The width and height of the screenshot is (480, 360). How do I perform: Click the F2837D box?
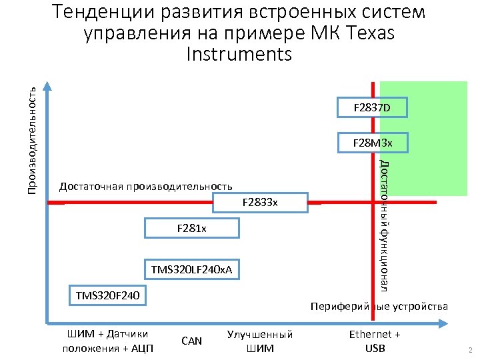tap(372, 107)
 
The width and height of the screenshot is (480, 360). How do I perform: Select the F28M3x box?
tap(372, 143)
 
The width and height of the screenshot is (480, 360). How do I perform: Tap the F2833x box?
tap(260, 201)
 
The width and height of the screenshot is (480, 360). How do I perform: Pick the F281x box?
tap(192, 229)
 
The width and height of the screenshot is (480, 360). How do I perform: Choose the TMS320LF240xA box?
tap(192, 269)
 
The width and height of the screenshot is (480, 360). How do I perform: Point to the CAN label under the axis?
tap(191, 341)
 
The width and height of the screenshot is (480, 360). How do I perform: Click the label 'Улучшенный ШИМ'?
tap(260, 341)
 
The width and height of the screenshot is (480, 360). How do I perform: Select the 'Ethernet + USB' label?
tap(375, 341)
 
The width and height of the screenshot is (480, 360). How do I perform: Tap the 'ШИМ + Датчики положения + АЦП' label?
tap(107, 341)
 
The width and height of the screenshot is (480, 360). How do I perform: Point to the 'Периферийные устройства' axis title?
tap(379, 306)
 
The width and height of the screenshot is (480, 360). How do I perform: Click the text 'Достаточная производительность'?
tap(146, 186)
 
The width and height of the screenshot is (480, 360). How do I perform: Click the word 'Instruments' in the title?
tap(240, 53)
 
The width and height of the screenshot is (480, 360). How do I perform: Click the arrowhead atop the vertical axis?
tap(48, 86)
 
